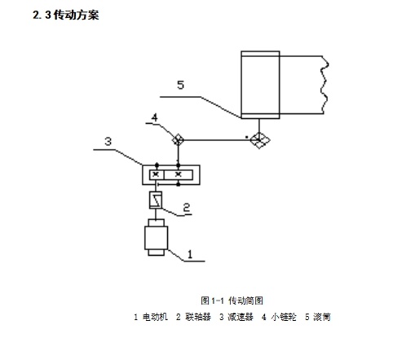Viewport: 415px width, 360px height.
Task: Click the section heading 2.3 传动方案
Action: point(66,15)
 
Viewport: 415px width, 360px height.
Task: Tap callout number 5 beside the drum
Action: point(181,85)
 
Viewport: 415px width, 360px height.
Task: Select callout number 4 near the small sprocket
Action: point(155,117)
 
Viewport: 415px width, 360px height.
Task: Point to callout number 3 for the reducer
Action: point(108,142)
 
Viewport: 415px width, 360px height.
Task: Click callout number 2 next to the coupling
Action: point(187,208)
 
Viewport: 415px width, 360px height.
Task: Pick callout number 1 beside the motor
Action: point(190,254)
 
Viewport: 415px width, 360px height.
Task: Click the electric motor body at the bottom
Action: point(156,237)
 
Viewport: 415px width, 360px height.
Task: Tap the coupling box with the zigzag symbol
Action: point(156,200)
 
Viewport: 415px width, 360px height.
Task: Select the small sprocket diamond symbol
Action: point(178,140)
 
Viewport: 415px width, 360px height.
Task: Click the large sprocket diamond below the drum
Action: point(259,140)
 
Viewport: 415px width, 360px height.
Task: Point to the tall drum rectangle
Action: point(260,85)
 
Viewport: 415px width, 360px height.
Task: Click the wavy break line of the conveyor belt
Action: point(324,85)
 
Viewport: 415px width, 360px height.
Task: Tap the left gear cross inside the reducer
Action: point(156,174)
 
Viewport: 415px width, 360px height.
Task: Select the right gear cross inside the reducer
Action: point(179,174)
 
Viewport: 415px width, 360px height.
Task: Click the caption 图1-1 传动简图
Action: point(232,301)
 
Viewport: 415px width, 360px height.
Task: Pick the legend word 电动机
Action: point(155,317)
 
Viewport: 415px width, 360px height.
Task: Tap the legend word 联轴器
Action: point(198,317)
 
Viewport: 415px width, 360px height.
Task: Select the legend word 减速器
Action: point(241,317)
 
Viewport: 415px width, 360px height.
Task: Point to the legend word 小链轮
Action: point(284,317)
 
